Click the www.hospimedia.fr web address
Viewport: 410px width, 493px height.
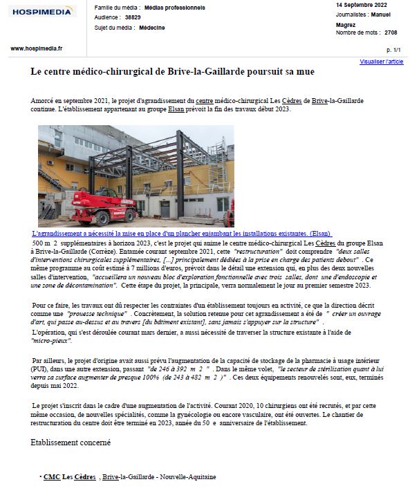point(37,48)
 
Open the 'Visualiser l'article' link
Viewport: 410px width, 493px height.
point(381,62)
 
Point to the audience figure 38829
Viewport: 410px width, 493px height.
point(133,17)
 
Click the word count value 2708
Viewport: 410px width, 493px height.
point(391,32)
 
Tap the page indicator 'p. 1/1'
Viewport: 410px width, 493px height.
point(393,50)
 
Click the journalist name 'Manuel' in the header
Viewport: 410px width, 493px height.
point(380,15)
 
